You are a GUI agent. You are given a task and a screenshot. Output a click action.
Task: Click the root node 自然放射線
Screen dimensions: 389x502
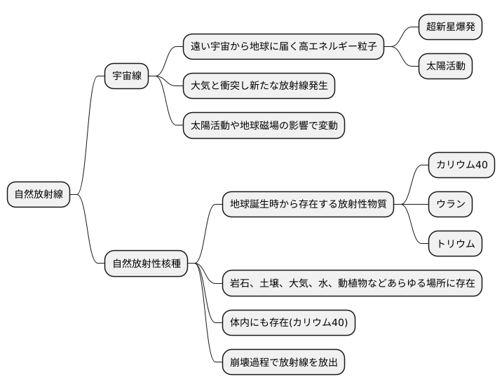point(39,194)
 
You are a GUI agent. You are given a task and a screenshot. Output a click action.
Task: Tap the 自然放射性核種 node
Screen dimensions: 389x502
point(147,264)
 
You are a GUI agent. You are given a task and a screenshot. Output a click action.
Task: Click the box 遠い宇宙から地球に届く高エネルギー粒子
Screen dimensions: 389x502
point(283,47)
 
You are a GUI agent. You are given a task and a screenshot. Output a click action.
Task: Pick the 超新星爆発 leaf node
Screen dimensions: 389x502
point(450,27)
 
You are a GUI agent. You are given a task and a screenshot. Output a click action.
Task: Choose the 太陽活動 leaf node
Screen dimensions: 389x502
point(445,67)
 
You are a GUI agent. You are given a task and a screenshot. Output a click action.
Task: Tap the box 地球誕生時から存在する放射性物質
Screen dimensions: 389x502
point(308,205)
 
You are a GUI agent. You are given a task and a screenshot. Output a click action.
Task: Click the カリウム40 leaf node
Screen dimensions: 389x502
point(461,165)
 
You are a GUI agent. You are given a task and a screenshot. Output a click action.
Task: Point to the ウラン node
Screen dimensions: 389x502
point(450,205)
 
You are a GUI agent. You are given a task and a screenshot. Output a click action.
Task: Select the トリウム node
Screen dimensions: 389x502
point(456,244)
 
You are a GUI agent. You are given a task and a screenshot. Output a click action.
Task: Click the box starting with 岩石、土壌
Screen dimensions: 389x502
point(352,283)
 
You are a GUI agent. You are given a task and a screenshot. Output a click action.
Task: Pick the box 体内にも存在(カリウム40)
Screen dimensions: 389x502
point(288,322)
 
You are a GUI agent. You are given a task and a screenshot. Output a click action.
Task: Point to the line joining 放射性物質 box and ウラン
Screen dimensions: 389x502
point(411,205)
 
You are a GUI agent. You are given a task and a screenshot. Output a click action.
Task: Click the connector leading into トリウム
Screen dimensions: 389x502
point(413,228)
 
